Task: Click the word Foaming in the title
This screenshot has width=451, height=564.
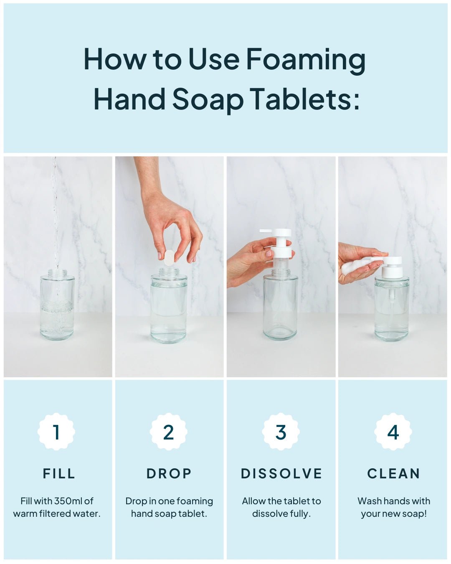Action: pos(305,60)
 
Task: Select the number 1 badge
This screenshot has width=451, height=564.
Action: pos(56,432)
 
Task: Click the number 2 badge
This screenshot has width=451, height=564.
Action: pos(169,432)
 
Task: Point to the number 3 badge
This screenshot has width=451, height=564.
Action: pos(281,432)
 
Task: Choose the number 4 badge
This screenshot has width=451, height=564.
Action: pos(393,432)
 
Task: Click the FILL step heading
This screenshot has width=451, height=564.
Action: pos(59,473)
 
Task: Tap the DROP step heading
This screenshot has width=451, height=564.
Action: pos(169,473)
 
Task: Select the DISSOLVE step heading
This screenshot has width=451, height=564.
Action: pos(281,473)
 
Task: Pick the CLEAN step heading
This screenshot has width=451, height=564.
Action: pos(394,473)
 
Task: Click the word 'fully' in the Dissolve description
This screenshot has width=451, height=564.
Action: pos(299,513)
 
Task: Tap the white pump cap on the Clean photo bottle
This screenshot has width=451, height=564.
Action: pos(392,267)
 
